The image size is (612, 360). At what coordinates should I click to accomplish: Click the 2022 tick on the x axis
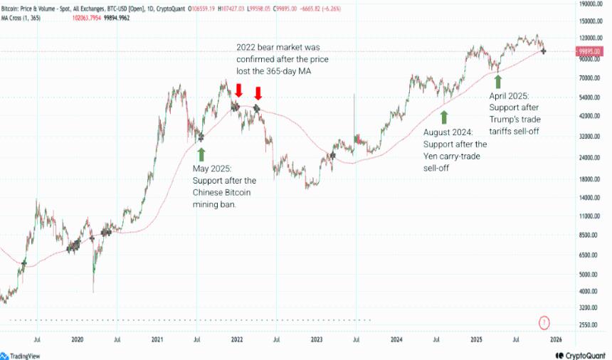coord(237,340)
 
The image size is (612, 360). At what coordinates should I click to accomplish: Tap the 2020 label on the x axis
coord(78,340)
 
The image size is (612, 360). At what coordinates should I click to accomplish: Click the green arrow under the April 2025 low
coord(498,80)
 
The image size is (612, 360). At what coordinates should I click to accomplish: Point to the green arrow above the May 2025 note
coord(201,153)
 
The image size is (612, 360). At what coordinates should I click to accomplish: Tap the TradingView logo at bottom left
coord(24,355)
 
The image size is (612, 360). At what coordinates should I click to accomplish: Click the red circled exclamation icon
coord(544,323)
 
